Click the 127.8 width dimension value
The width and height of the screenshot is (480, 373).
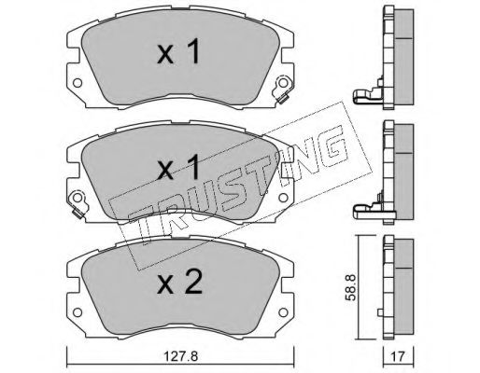click(181, 356)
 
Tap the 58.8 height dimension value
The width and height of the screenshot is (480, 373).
click(350, 287)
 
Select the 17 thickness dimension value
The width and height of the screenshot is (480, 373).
click(398, 356)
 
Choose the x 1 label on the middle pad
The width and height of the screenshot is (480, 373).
click(178, 167)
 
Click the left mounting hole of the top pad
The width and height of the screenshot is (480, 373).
click(78, 83)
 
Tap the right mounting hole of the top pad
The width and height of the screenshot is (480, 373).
click(283, 83)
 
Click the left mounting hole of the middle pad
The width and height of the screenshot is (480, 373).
click(78, 198)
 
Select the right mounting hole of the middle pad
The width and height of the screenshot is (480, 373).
click(283, 198)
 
